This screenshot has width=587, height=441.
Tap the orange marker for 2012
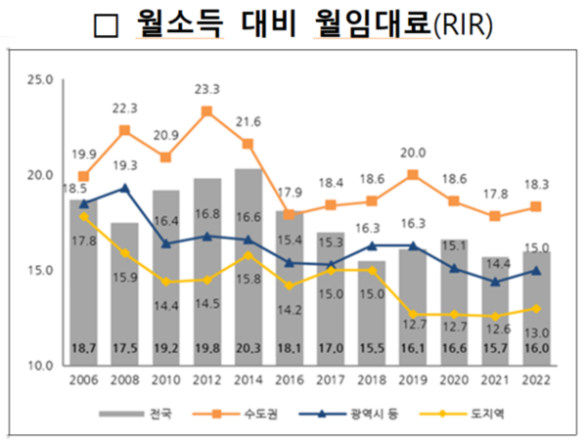pyautogui.click(x=206, y=111)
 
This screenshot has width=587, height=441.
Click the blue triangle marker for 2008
pyautogui.click(x=124, y=188)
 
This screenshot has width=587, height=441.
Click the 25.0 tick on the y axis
pyautogui.click(x=39, y=79)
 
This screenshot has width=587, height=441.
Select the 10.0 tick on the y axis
pyautogui.click(x=39, y=366)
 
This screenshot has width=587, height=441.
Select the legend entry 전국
pyautogui.click(x=162, y=414)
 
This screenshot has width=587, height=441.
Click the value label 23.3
pyautogui.click(x=207, y=87)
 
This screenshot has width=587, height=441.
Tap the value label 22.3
pyautogui.click(x=125, y=108)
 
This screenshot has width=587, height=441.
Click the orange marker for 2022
pyautogui.click(x=535, y=207)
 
